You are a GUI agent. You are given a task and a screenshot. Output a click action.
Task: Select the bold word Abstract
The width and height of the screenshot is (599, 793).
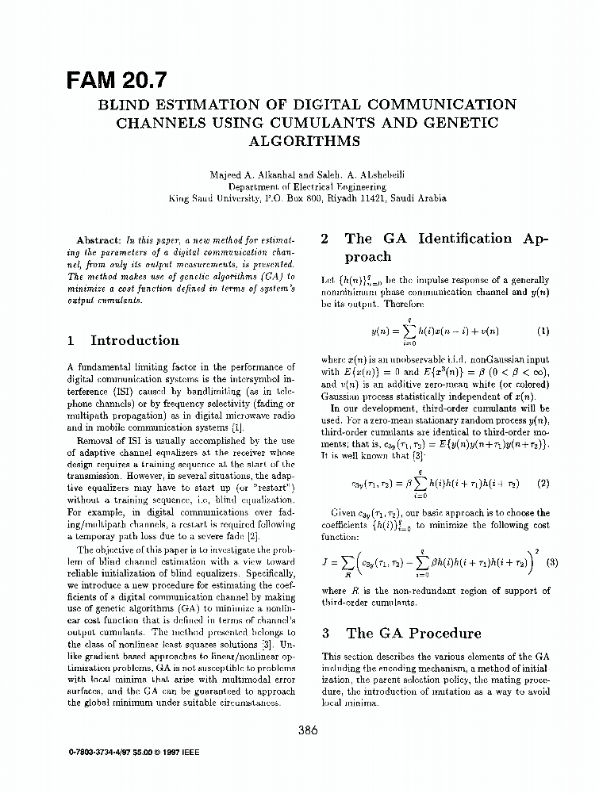point(98,239)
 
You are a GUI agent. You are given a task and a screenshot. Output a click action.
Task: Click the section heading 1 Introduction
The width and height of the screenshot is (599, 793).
point(124,341)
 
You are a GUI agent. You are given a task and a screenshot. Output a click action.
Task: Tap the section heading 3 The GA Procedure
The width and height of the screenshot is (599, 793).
point(401,634)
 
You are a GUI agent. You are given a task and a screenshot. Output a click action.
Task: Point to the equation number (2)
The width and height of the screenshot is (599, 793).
point(543,482)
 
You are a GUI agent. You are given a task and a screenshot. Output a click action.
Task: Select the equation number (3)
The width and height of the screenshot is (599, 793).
point(553,563)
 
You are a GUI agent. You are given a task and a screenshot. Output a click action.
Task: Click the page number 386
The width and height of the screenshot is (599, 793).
point(309,731)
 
